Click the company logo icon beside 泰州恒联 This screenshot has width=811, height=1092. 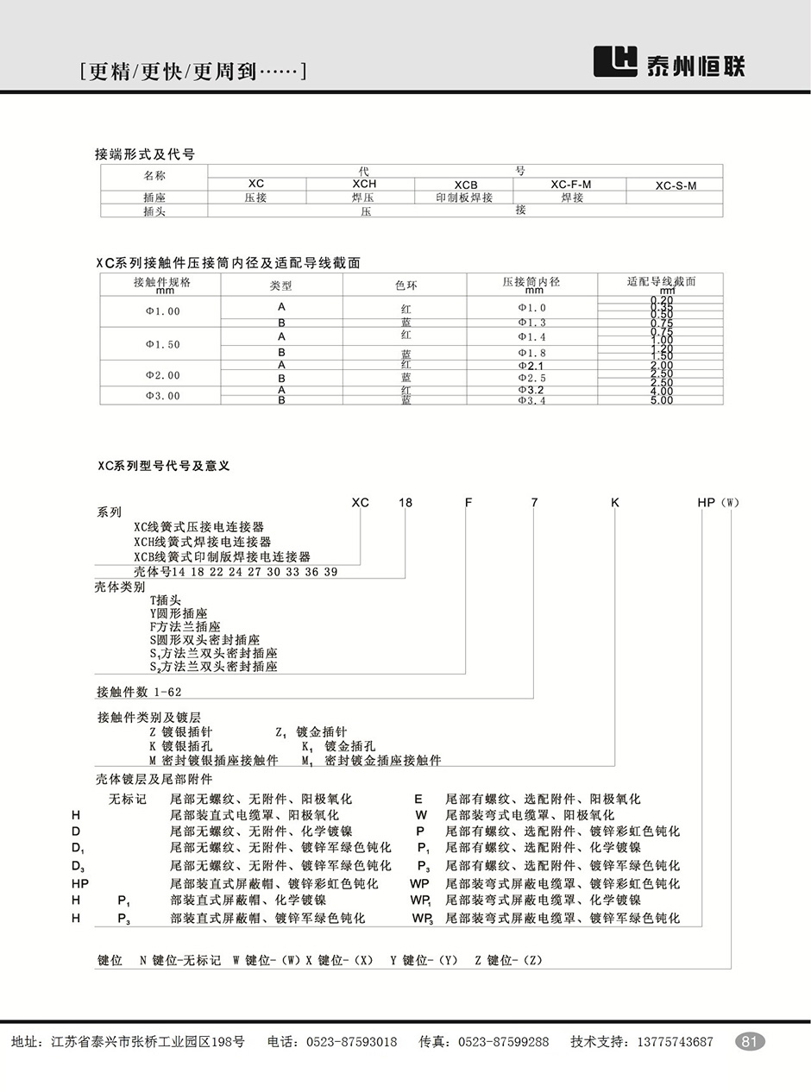click(615, 61)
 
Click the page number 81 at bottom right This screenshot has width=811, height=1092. click(749, 1041)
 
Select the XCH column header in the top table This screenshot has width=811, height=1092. click(365, 185)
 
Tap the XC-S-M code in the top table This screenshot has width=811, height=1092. click(675, 185)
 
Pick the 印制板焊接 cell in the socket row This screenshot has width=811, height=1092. click(466, 198)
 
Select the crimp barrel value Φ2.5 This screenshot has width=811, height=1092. click(531, 378)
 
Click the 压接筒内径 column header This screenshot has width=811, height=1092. click(531, 283)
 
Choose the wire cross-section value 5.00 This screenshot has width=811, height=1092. click(661, 400)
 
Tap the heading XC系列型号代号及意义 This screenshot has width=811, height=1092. click(163, 466)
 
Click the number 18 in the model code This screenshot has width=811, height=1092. click(405, 503)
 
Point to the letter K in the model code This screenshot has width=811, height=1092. click(615, 503)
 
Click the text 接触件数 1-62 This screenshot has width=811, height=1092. click(139, 692)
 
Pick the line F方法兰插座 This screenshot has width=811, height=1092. click(185, 626)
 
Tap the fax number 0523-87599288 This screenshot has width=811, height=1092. click(503, 1042)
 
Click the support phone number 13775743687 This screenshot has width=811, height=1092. click(675, 1042)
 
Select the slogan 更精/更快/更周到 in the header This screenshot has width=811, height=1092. click(192, 72)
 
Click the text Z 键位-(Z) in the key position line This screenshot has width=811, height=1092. click(508, 960)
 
